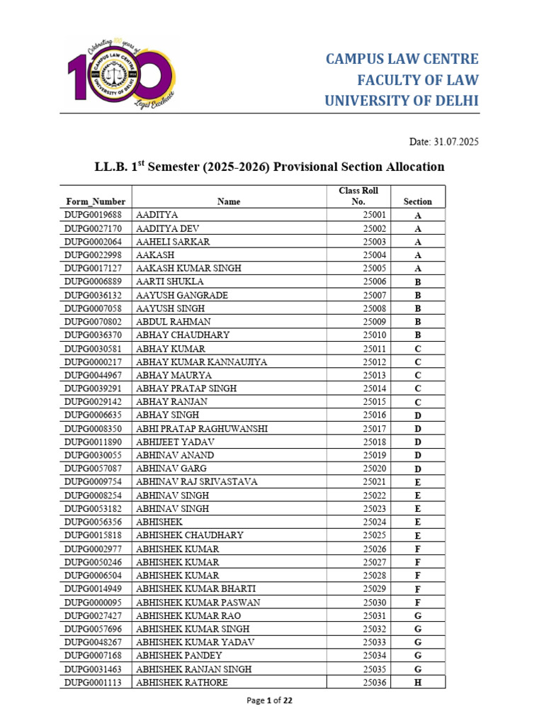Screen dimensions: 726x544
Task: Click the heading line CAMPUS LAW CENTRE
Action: (402, 59)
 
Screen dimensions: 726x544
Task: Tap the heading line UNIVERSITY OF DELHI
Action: (402, 101)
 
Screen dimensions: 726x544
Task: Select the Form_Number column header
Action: (95, 201)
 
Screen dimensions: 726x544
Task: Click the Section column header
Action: (417, 201)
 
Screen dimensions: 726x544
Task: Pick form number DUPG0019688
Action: (93, 215)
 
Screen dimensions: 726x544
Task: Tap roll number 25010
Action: (374, 335)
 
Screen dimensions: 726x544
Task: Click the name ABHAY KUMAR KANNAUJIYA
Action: (201, 362)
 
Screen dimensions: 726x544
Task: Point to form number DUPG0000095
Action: (93, 603)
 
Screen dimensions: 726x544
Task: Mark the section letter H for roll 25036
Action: (417, 683)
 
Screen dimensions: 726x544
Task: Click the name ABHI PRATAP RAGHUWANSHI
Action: (202, 429)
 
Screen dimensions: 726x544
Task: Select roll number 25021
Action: (374, 482)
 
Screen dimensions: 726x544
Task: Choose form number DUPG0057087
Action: (93, 469)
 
